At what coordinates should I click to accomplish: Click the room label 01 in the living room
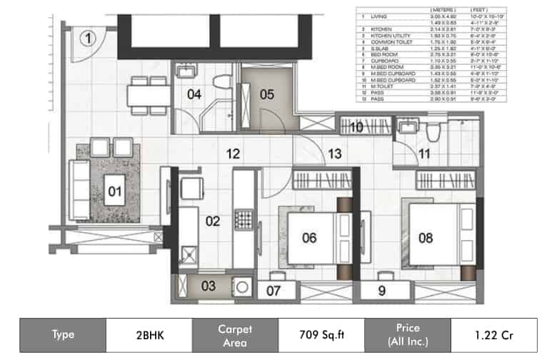pyautogui.click(x=114, y=191)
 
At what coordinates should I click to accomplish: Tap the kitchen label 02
pyautogui.click(x=213, y=221)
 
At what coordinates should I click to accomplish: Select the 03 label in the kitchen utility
pyautogui.click(x=207, y=286)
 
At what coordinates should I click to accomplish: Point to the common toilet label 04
pyautogui.click(x=194, y=94)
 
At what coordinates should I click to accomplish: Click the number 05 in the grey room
pyautogui.click(x=266, y=94)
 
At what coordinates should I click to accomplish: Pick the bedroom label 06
pyautogui.click(x=308, y=238)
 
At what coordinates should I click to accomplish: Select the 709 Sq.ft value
pyautogui.click(x=320, y=334)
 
